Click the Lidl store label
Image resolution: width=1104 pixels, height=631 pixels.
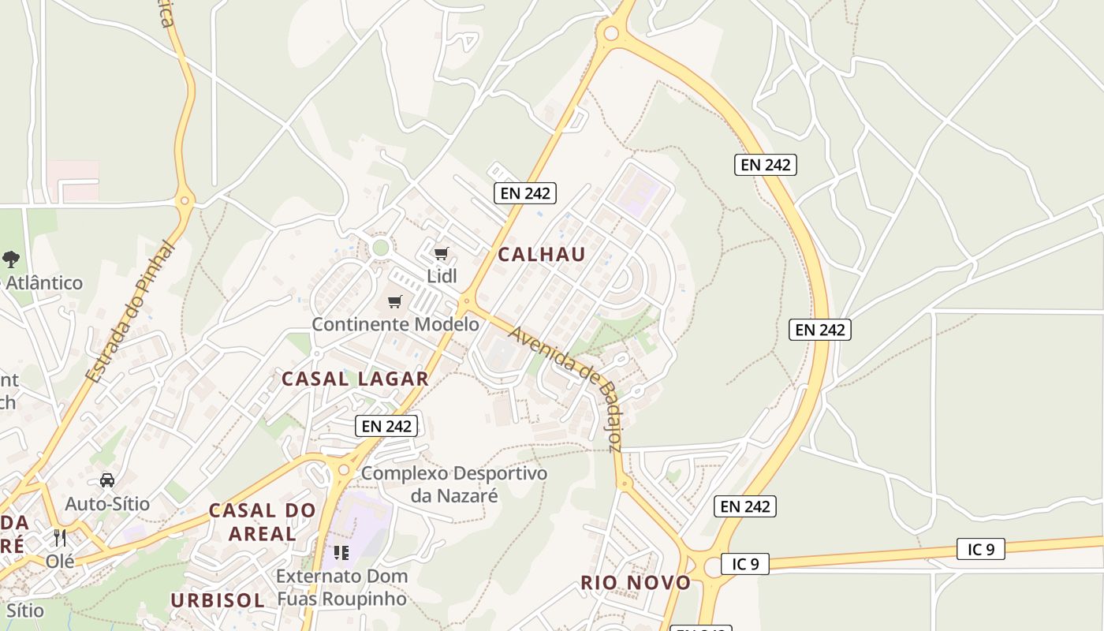click(442, 276)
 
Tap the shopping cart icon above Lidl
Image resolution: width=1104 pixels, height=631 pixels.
click(442, 254)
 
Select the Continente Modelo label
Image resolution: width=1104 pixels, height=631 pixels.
click(395, 324)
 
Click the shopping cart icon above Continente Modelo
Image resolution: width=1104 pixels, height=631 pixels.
click(395, 301)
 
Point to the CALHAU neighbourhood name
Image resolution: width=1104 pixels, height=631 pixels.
click(542, 254)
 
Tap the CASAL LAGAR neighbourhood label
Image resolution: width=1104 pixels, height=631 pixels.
click(355, 379)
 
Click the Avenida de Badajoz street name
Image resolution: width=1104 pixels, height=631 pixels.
click(566, 388)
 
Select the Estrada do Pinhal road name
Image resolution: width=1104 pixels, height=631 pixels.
click(130, 313)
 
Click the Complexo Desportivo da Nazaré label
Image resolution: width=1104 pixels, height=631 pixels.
click(454, 484)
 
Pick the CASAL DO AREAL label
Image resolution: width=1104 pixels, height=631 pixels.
click(263, 522)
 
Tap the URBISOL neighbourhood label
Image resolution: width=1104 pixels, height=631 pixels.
click(218, 600)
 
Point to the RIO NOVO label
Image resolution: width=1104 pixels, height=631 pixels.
click(636, 583)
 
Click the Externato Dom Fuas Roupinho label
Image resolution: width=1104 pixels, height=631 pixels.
click(342, 587)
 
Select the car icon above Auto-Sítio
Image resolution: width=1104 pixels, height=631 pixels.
click(107, 480)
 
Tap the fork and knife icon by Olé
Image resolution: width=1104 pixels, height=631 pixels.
click(60, 539)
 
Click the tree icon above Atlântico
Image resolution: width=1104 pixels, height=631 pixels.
click(11, 259)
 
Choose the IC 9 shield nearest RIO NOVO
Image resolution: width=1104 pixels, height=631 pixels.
click(745, 564)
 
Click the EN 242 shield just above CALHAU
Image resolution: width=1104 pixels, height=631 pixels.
click(525, 192)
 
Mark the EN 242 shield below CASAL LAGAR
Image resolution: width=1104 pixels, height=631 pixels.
click(386, 426)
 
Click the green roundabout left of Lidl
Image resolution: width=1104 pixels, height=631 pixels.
click(381, 248)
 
